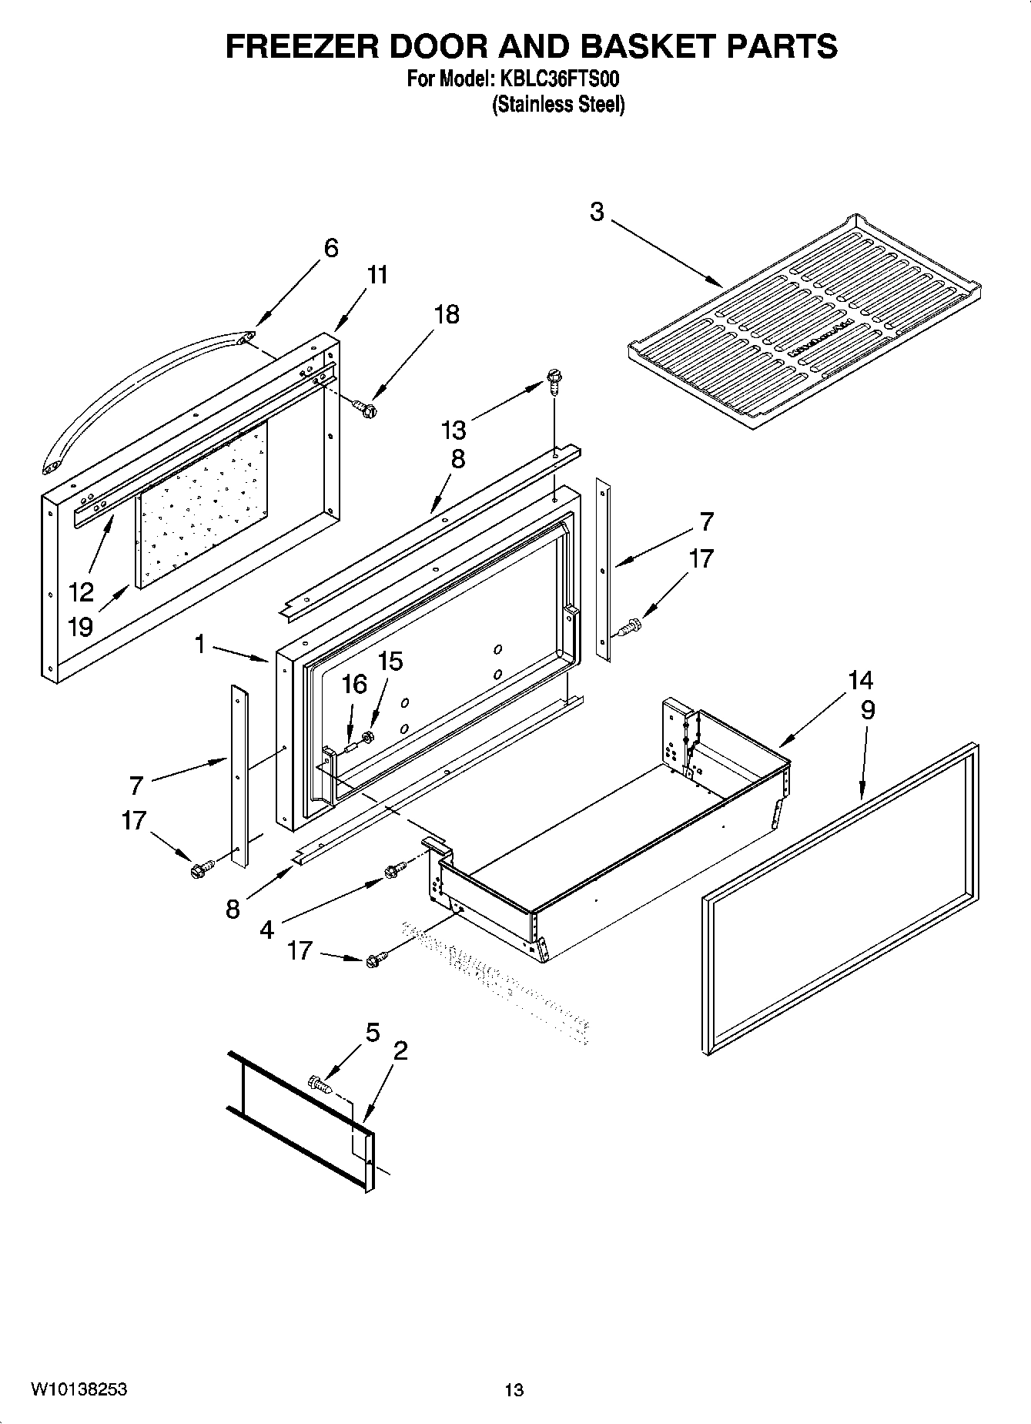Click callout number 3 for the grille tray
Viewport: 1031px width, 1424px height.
coord(597,211)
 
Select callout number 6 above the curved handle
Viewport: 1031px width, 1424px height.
coord(330,248)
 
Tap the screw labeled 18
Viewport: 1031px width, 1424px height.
coord(365,407)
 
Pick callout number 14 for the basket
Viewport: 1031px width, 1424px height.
coord(861,680)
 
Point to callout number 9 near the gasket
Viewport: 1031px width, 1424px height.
coord(868,710)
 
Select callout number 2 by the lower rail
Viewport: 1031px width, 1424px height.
coord(400,1050)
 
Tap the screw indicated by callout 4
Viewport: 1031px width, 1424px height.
coord(393,871)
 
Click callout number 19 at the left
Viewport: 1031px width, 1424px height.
coord(81,626)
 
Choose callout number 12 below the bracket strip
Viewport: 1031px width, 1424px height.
coord(81,591)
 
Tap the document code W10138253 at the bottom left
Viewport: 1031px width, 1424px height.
coord(79,1390)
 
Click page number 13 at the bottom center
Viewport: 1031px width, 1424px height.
coord(514,1390)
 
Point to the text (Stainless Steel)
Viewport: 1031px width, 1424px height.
coord(558,105)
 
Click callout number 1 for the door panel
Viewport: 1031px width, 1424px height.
coord(200,644)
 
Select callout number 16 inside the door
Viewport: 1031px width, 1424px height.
coord(354,684)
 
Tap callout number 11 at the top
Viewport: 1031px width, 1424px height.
coord(377,275)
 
